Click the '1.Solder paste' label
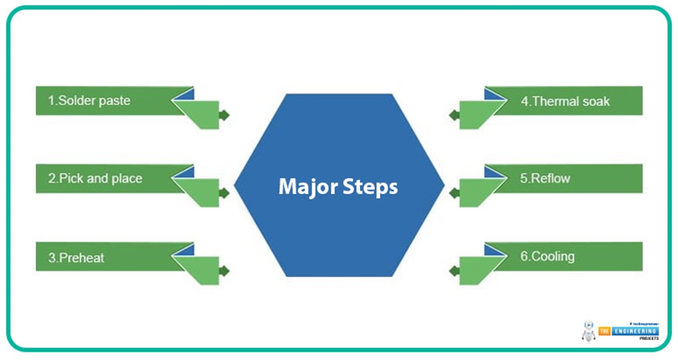89,101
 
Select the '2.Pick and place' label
95,179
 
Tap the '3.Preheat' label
76,257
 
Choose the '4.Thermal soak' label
565,101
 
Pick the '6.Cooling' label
547,256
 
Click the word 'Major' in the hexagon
307,187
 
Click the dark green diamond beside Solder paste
224,114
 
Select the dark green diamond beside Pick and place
224,193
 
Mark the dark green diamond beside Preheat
224,271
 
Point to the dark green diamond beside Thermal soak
454,114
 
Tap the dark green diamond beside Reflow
454,193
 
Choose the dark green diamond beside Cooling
454,271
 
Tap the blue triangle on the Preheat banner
186,249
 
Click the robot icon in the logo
589,331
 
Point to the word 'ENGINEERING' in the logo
634,330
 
